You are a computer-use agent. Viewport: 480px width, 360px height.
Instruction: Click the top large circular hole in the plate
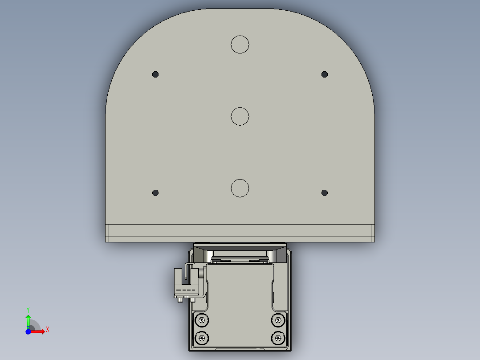point(240,44)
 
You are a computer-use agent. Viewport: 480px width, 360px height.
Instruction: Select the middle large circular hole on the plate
point(240,116)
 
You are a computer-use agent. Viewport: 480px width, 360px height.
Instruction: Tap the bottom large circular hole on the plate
point(240,188)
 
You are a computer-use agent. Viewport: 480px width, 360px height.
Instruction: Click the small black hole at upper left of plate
point(155,74)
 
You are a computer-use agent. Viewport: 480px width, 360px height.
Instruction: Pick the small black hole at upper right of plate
point(325,74)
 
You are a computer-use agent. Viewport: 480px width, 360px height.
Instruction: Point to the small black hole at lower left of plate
point(155,193)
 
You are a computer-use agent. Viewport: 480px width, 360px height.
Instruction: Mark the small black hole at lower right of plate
point(325,193)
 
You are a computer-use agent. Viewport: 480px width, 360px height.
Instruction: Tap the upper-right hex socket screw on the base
point(278,320)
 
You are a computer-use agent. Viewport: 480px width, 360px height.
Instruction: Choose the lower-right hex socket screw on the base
point(278,338)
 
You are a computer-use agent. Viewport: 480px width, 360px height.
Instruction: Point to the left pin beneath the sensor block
point(180,301)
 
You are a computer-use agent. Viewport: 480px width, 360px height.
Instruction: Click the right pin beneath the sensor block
point(192,301)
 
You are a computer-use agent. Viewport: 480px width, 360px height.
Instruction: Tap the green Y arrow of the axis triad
point(28,320)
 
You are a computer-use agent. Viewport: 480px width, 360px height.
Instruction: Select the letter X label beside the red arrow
point(48,330)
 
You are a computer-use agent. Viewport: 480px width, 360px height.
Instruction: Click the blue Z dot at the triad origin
point(28,331)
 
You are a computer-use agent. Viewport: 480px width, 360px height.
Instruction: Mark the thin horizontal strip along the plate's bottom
point(240,231)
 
